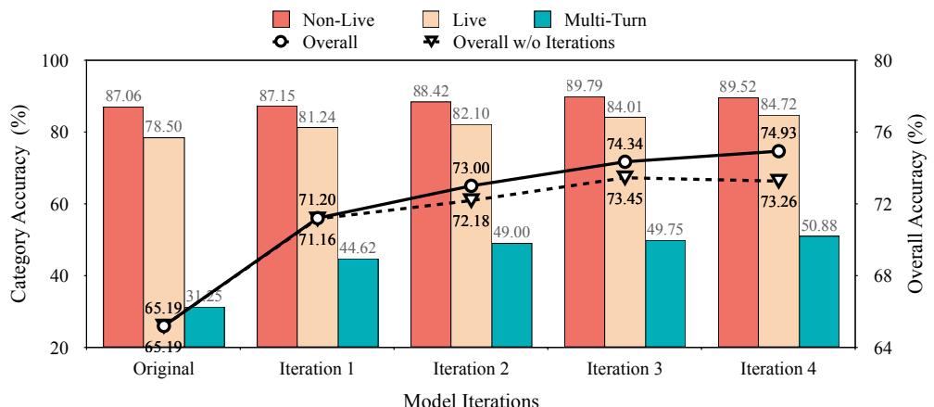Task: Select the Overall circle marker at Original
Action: pos(164,325)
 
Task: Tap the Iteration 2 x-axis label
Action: pos(471,368)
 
